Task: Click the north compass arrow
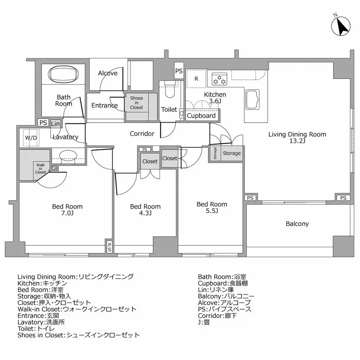(341, 27)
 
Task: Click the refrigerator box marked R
(196, 78)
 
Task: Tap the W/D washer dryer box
(31, 137)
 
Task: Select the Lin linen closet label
(55, 123)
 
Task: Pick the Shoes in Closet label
(137, 103)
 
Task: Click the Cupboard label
(201, 116)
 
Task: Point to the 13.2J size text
(297, 141)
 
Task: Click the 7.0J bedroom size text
(67, 213)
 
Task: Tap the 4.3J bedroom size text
(145, 213)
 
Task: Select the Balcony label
(297, 224)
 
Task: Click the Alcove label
(108, 73)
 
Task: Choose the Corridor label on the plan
(142, 133)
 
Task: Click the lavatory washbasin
(67, 156)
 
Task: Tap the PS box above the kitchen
(179, 71)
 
